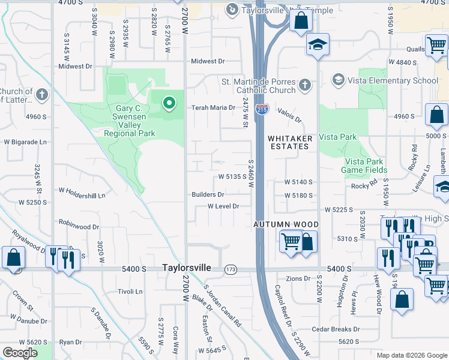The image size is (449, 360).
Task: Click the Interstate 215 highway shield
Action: pos(262,109)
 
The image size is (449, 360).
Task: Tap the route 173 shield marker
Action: pos(231,269)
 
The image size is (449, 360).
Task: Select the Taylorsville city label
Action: pos(187,268)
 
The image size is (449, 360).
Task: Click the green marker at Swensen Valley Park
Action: pos(169,103)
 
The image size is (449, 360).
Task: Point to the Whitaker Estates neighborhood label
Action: pos(290,142)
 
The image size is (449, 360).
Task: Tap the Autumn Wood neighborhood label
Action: pos(286,224)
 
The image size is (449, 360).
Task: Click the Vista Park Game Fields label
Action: pos(365,166)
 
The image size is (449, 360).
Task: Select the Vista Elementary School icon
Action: pos(338,80)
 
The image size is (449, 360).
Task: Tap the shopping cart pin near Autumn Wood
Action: pos(291,241)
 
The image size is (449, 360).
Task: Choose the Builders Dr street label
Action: pos(208,194)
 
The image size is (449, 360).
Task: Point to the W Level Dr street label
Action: pos(223,206)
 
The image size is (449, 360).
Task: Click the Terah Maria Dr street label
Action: pos(213,108)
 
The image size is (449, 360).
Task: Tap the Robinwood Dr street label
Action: pos(79,227)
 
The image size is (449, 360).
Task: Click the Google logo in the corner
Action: pos(20,353)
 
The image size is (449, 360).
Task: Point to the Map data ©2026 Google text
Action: pos(411,355)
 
